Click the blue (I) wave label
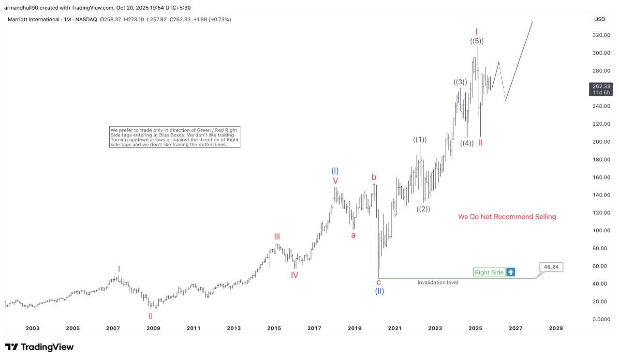click(335, 171)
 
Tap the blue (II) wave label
click(380, 291)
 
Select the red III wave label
click(277, 237)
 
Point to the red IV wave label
click(295, 275)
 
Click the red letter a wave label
click(354, 235)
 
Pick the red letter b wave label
click(374, 177)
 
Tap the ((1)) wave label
click(420, 140)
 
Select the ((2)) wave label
click(423, 209)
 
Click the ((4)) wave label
click(467, 143)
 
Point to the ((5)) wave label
click(477, 41)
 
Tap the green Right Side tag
click(489, 272)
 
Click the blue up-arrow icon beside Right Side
click(511, 272)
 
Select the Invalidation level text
click(438, 283)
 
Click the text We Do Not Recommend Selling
click(507, 217)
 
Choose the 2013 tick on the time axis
click(234, 329)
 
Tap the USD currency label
click(599, 19)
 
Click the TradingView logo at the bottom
click(40, 347)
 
